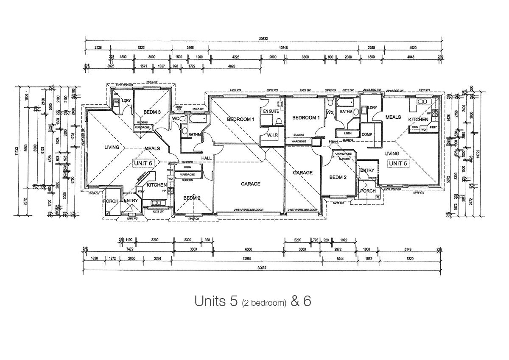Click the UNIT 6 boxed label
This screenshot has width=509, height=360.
(143, 163)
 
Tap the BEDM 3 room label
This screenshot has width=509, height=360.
(152, 112)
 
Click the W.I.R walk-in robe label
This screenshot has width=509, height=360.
(272, 135)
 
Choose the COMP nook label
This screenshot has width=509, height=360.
(367, 134)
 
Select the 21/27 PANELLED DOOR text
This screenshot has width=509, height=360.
(303, 210)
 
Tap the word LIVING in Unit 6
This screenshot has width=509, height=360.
(113, 148)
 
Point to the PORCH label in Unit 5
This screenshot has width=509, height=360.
(367, 191)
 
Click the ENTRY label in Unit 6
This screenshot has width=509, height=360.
(131, 201)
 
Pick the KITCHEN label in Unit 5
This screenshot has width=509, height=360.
(418, 120)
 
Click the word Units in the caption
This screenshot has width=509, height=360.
(210, 301)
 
